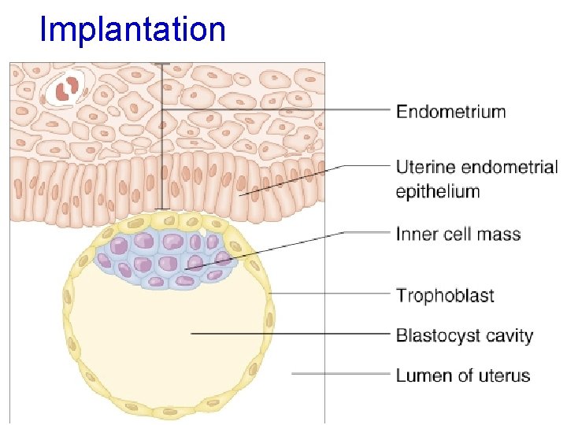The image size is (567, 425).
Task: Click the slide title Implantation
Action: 132,30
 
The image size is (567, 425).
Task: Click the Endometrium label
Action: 450,111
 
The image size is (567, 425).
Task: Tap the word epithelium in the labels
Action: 437,191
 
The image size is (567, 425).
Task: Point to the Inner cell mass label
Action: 458,234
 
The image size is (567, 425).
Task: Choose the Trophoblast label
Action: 445,296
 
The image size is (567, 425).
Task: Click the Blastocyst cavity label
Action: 464,336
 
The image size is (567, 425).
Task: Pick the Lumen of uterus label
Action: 462,375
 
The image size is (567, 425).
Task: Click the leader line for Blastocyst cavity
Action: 291,334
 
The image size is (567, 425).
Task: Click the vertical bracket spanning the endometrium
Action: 162,138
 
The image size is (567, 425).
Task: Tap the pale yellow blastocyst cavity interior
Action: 157,338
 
